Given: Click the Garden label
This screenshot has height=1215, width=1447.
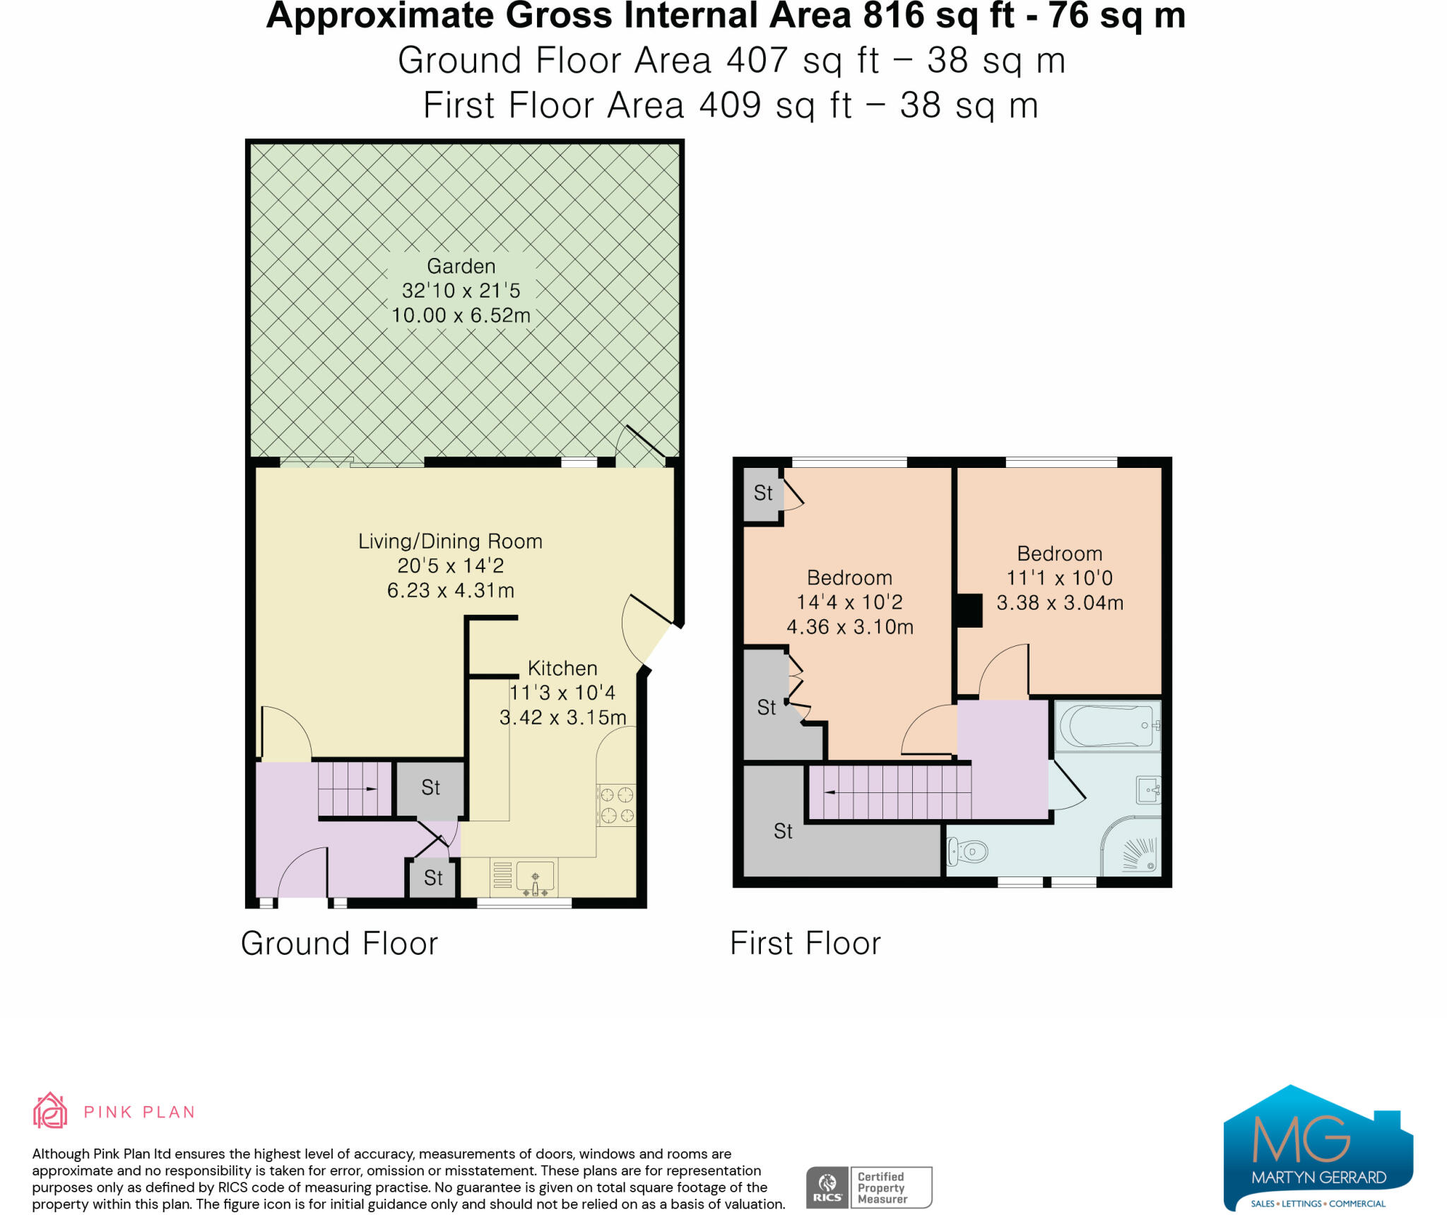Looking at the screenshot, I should click(x=461, y=266).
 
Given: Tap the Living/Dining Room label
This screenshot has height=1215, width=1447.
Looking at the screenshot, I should click(x=450, y=541).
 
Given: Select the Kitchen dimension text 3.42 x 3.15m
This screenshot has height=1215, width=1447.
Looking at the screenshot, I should click(x=563, y=717).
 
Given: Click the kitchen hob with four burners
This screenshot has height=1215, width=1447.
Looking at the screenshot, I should click(x=616, y=805).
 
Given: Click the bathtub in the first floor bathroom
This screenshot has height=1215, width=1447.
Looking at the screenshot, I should click(x=1107, y=726).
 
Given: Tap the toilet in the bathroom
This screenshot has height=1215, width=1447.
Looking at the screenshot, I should click(x=968, y=852).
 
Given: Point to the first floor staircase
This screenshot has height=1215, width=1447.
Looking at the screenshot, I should click(x=890, y=792).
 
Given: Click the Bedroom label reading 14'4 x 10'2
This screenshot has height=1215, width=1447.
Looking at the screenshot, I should click(x=850, y=601).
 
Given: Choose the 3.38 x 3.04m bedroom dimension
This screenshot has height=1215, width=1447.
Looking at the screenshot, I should click(x=1060, y=603).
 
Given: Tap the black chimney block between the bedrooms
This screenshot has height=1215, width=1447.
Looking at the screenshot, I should click(x=969, y=611).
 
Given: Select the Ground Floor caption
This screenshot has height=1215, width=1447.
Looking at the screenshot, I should click(x=339, y=944).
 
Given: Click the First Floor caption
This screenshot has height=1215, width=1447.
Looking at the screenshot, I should click(x=805, y=944).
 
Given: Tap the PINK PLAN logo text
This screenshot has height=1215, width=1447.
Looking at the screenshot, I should click(x=139, y=1112).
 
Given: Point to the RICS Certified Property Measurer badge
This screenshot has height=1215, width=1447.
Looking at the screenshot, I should click(x=869, y=1187).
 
